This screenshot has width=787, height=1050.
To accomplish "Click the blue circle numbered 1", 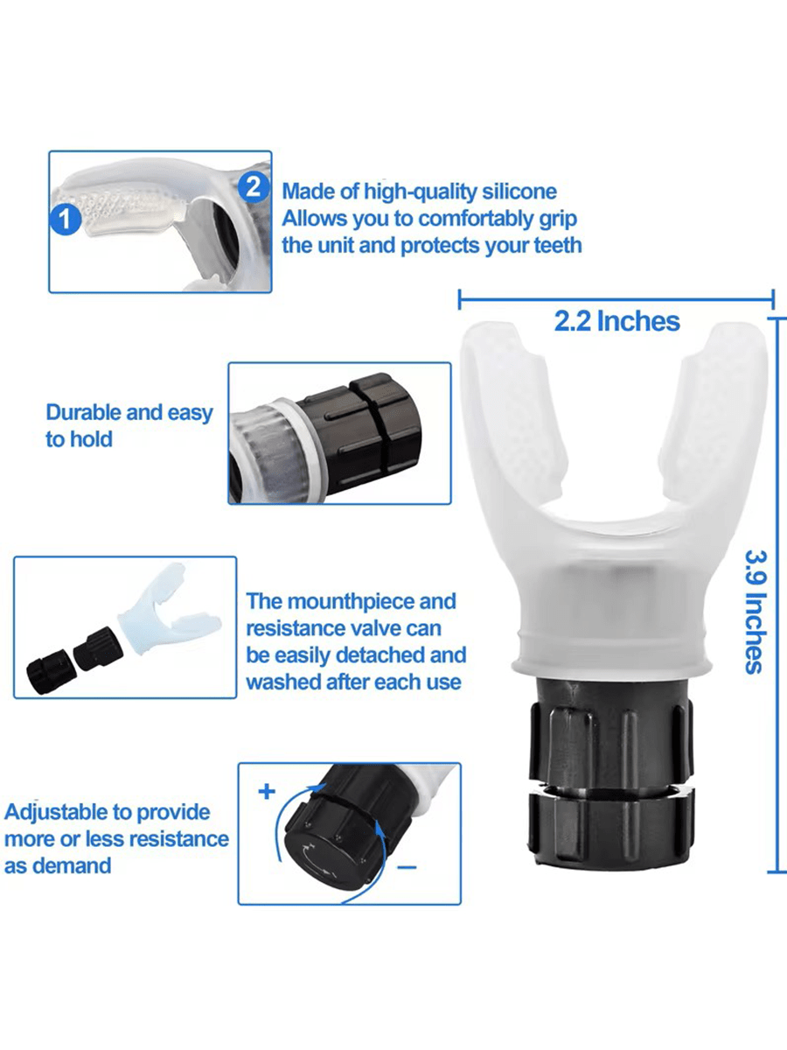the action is point(66,220).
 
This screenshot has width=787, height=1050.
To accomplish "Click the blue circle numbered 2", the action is point(254,187).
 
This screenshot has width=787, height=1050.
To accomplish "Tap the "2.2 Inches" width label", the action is point(616,321).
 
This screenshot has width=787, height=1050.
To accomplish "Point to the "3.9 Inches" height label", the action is point(756,612).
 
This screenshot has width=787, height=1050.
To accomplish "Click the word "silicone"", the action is point(519,192).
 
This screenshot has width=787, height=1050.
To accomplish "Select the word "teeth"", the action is point(557,245).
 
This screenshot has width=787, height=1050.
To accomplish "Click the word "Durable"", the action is point(83,412).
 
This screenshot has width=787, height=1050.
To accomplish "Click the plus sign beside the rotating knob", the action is point(267,791).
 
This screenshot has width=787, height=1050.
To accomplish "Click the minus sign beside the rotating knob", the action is point(407,867).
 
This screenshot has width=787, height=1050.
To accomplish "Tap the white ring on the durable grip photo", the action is point(300,449).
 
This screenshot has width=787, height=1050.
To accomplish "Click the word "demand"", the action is point(72,866).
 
